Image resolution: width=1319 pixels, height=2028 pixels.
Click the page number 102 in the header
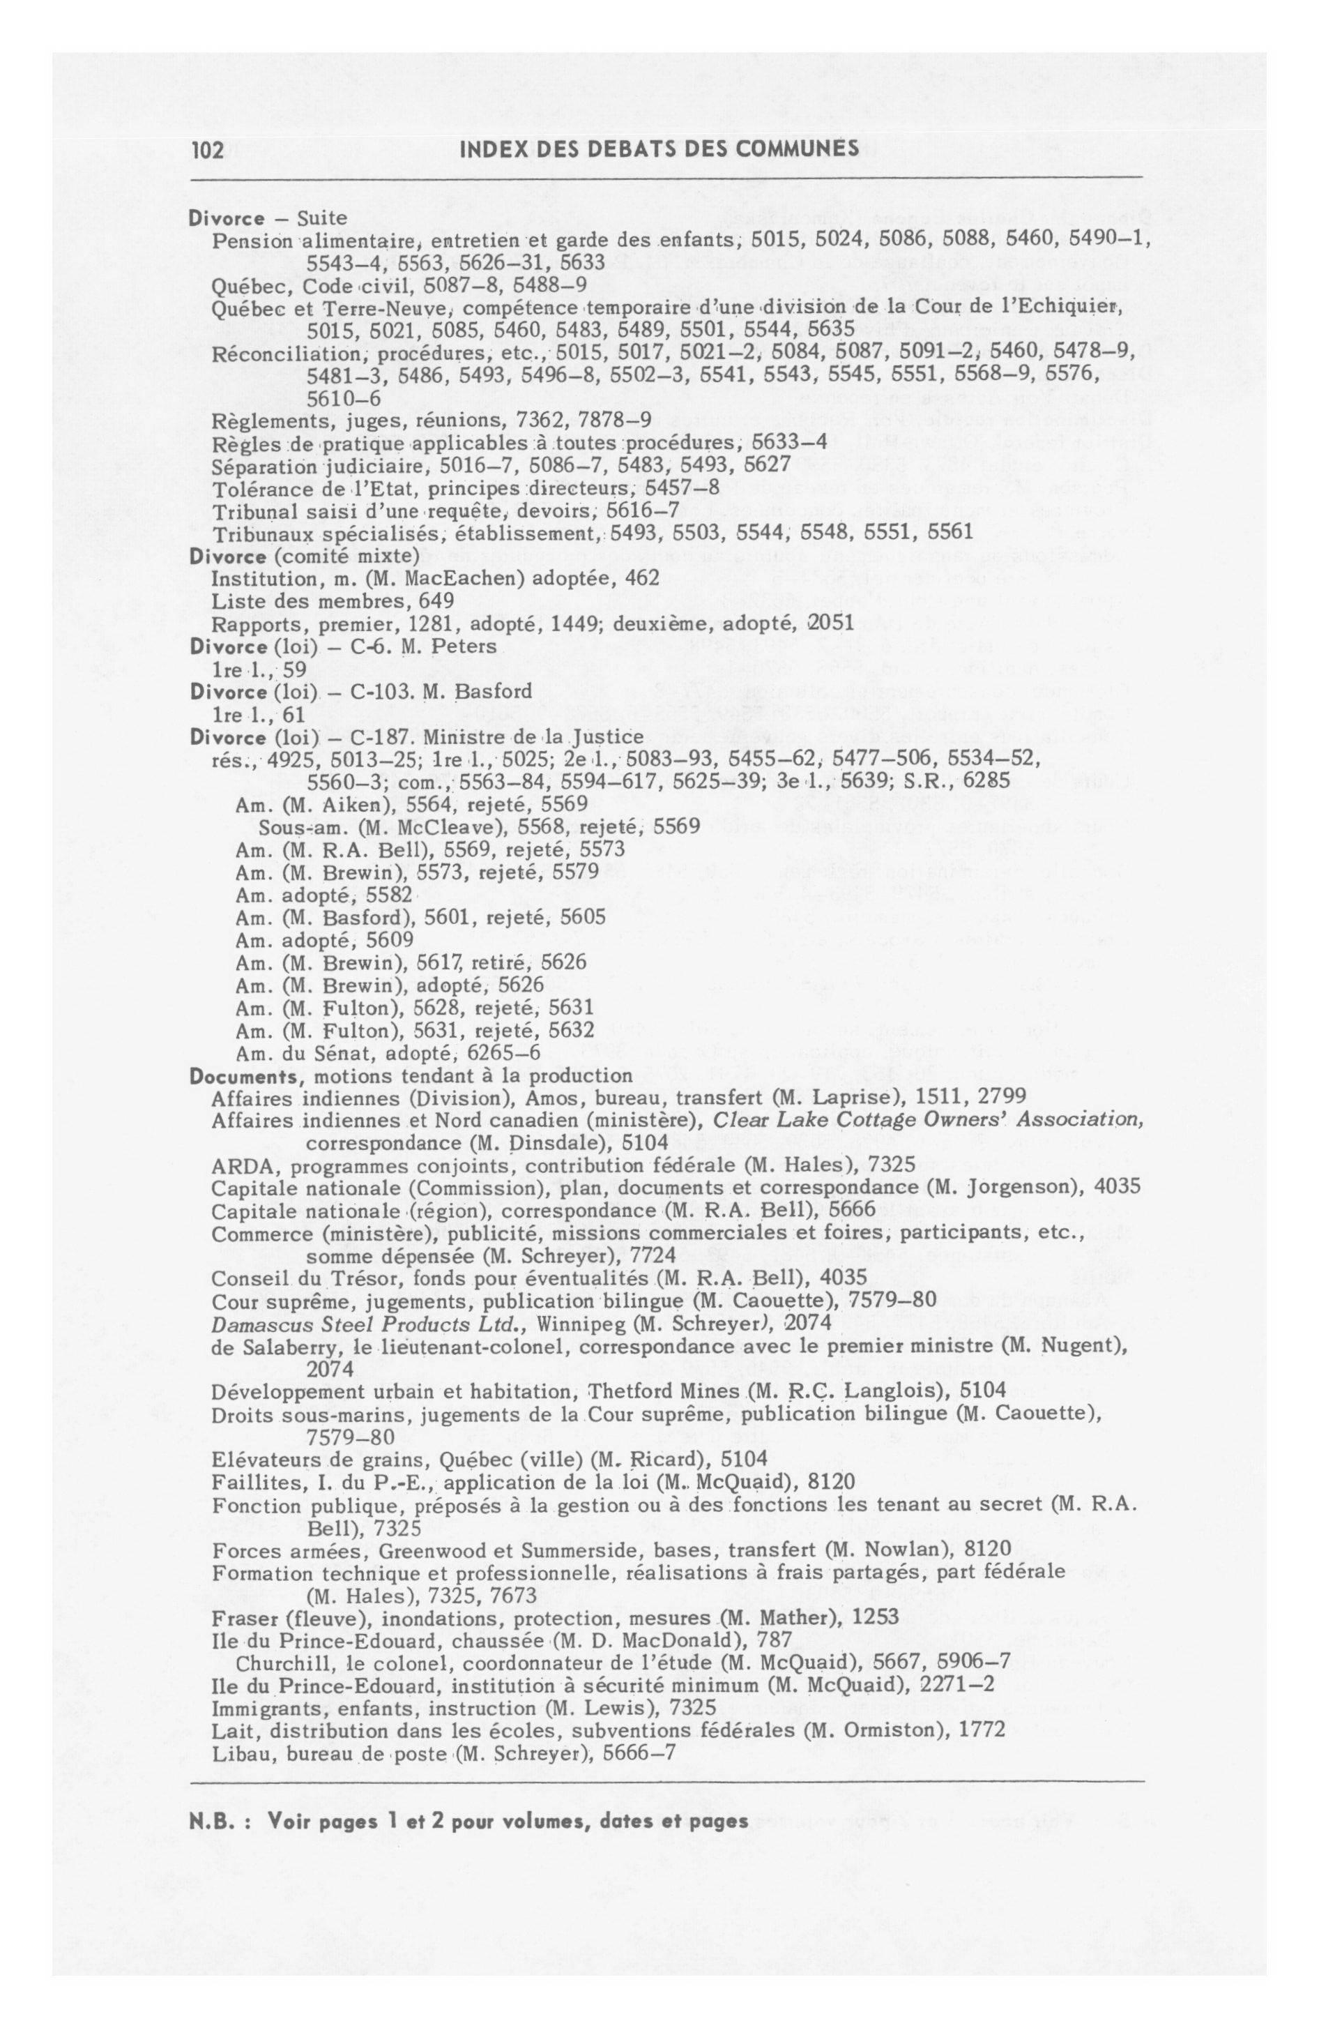[x=207, y=151]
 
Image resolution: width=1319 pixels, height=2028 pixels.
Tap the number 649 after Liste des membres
[x=436, y=602]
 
